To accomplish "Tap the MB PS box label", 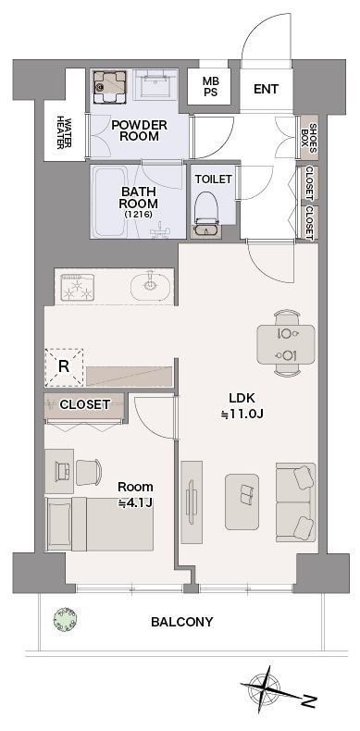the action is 210,87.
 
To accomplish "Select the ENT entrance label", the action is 266,89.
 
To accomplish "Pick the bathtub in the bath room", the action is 110,202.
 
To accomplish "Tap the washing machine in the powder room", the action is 110,86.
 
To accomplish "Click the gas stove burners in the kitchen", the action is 78,287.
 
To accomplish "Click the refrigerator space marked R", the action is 64,367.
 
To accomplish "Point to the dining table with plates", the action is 285,344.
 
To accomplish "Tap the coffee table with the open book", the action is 242,502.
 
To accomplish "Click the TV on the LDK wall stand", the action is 191,502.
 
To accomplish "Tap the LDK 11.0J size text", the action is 242,406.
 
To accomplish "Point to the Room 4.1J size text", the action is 135,495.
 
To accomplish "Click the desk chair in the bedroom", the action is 89,472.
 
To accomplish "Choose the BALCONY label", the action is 182,622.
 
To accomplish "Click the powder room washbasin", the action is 155,84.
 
